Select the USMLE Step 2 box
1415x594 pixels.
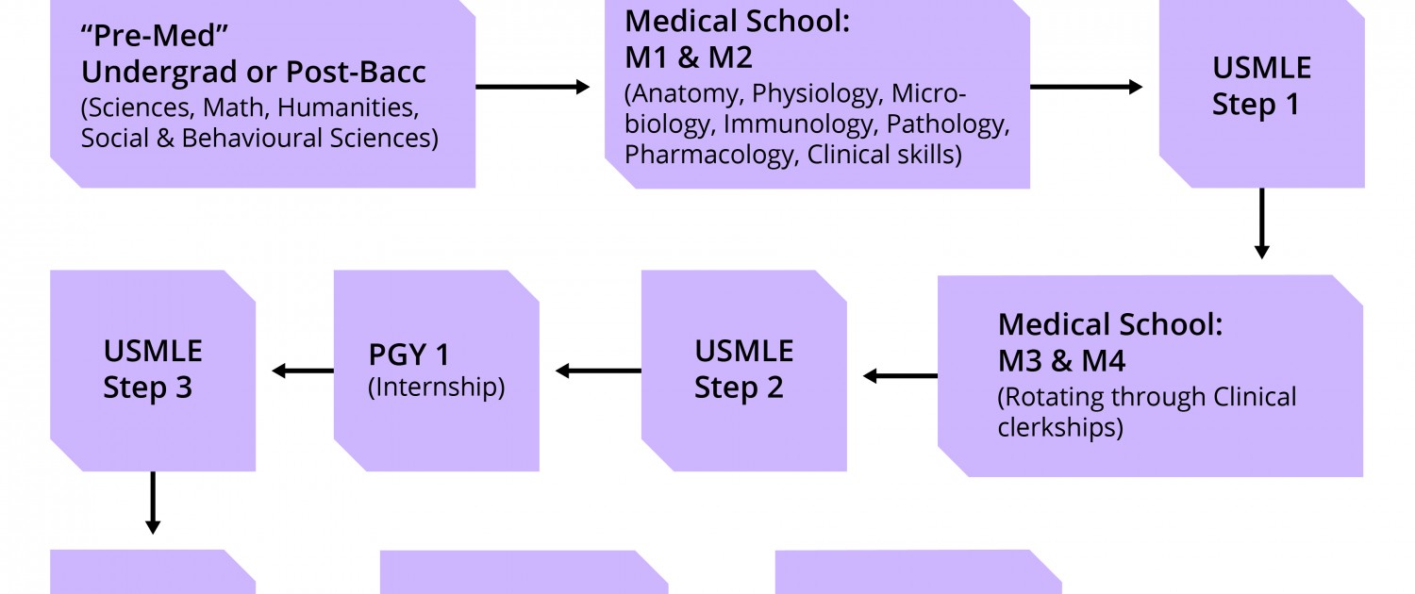click(x=743, y=370)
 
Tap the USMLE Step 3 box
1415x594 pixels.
click(x=152, y=370)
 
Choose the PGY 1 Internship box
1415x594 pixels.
click(x=436, y=370)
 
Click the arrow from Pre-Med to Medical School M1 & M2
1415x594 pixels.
click(x=532, y=87)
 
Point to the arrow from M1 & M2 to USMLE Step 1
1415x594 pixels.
click(x=1086, y=87)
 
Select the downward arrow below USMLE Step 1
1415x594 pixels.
click(x=1261, y=223)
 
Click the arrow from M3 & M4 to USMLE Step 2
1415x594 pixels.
click(x=900, y=376)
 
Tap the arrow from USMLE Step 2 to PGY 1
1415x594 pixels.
click(x=598, y=371)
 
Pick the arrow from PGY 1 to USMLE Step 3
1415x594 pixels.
click(x=302, y=371)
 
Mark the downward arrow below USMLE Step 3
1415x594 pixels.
click(x=152, y=503)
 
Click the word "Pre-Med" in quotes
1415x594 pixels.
click(x=156, y=36)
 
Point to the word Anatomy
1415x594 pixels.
click(x=684, y=94)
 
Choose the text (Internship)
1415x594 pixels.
click(x=436, y=388)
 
